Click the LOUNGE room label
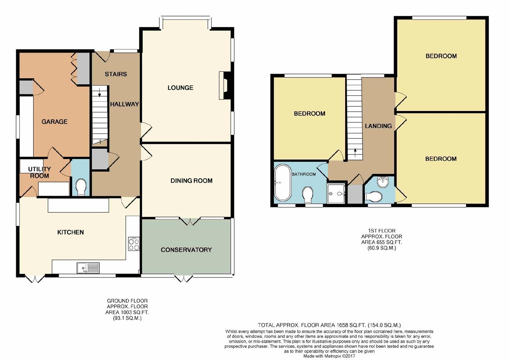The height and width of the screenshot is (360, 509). click(180, 88)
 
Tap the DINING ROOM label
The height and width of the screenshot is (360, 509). click(191, 181)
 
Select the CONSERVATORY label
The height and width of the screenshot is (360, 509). click(186, 250)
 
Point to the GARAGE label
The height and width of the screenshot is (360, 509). click(54, 122)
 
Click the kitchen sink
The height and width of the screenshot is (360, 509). click(88, 268)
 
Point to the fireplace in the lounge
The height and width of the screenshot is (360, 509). click(224, 85)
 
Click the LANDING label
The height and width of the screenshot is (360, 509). click(378, 126)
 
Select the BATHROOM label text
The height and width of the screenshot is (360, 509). click(303, 174)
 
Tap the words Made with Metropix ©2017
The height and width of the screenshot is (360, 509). click(329, 356)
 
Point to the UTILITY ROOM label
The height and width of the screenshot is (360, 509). click(39, 172)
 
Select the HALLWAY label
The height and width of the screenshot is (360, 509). click(124, 104)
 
